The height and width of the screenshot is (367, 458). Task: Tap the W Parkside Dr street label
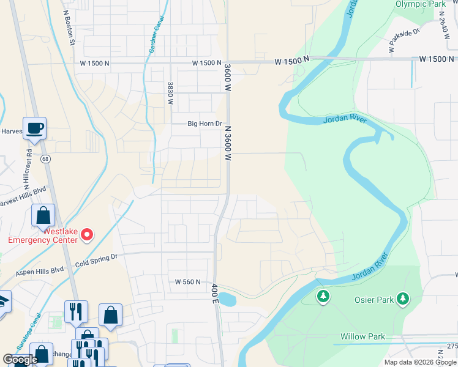click(x=404, y=40)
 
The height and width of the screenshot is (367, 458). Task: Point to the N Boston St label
click(x=69, y=28)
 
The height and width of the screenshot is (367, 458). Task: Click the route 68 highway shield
click(x=45, y=159)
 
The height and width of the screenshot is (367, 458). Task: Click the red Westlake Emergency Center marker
click(x=87, y=234)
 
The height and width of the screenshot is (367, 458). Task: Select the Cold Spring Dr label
click(x=96, y=259)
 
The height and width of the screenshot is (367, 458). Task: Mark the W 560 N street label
click(x=188, y=282)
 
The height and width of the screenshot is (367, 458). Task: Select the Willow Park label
click(x=363, y=336)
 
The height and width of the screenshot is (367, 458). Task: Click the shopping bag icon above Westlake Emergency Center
click(x=43, y=215)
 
